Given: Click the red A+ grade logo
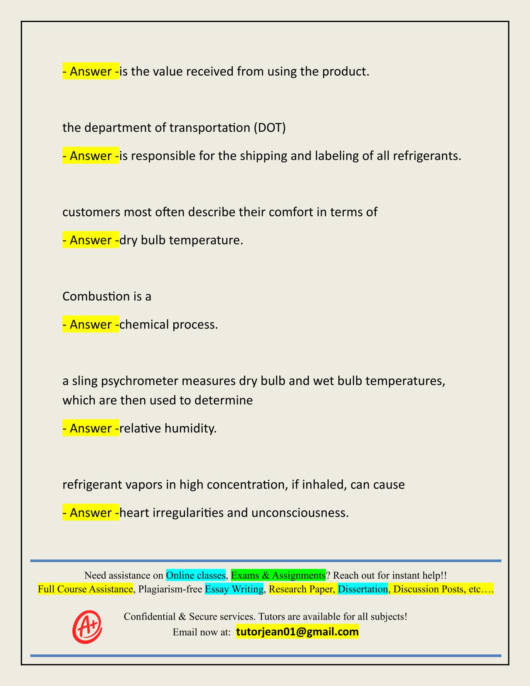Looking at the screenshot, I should (x=87, y=627).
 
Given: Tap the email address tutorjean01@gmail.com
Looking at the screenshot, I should (x=297, y=632).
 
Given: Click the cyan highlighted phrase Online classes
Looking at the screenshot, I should (x=195, y=575).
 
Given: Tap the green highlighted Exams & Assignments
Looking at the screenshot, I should (x=278, y=575).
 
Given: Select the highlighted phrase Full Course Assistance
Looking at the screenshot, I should (x=85, y=589).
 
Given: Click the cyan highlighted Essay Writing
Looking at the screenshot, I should (x=234, y=589).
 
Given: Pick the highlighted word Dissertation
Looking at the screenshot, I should (x=362, y=589).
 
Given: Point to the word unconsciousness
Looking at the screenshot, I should (x=299, y=513).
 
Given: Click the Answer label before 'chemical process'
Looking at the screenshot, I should (x=91, y=324).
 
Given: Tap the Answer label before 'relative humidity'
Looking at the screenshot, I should (x=91, y=428).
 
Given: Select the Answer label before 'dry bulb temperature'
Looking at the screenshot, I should (x=91, y=240).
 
